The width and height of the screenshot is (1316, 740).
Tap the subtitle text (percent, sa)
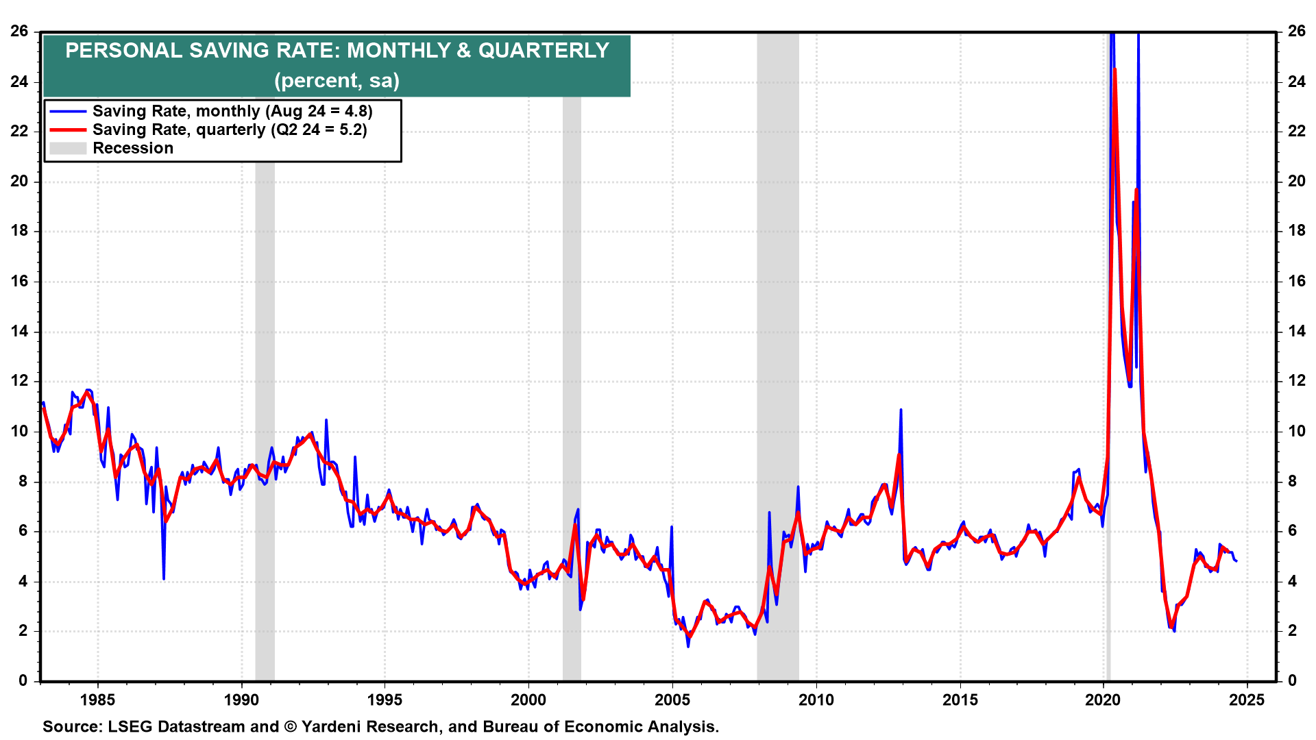(x=337, y=81)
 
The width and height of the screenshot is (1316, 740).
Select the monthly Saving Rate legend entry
(x=232, y=111)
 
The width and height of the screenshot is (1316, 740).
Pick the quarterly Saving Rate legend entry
(x=229, y=129)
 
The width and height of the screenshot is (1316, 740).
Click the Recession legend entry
(x=132, y=148)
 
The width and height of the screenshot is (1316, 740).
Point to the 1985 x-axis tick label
(x=98, y=700)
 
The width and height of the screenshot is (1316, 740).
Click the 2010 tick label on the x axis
(x=816, y=700)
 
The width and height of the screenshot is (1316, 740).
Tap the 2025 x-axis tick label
(x=1247, y=700)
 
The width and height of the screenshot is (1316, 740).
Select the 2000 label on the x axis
(x=528, y=700)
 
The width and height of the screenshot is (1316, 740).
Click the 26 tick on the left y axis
(x=19, y=31)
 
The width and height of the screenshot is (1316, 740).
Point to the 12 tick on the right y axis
(x=1297, y=381)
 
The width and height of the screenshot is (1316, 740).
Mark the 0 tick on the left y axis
(x=23, y=680)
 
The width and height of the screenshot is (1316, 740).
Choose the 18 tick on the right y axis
(x=1297, y=231)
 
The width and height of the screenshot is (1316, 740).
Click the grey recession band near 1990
(x=265, y=343)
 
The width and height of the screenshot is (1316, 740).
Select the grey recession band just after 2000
(x=572, y=343)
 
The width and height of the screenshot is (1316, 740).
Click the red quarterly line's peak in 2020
(x=1115, y=70)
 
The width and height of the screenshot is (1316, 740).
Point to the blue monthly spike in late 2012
(x=901, y=410)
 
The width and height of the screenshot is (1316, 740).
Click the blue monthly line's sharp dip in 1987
(x=164, y=578)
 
